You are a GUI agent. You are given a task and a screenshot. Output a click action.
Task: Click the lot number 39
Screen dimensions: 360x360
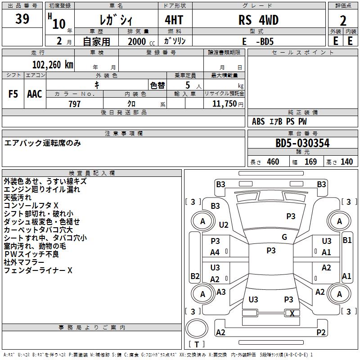[x=22, y=19]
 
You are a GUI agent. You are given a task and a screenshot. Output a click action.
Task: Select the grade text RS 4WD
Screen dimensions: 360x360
[x=258, y=20]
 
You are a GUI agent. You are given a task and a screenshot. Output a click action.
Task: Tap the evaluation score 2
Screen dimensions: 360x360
[x=343, y=21]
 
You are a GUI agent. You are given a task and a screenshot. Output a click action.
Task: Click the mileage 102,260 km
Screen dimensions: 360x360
[x=53, y=65]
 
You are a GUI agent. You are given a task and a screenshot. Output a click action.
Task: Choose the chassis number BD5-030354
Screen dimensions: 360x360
[x=302, y=144]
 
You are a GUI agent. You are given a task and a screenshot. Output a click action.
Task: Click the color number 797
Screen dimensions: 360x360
[x=75, y=104]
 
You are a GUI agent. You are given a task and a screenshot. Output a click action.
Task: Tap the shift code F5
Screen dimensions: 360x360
[x=13, y=94]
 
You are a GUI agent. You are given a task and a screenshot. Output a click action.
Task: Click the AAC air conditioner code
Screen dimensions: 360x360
[x=35, y=94]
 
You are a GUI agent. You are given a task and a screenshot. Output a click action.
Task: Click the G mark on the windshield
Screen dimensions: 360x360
[x=284, y=237]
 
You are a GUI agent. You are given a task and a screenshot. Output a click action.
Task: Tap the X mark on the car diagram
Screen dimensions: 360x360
[x=292, y=314]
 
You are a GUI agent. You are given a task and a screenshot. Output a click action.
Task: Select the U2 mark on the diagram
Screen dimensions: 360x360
[x=224, y=225]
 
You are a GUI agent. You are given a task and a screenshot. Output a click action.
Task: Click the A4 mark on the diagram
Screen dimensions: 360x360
[x=215, y=252]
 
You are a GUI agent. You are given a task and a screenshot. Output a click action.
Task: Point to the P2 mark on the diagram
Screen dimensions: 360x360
[x=321, y=333]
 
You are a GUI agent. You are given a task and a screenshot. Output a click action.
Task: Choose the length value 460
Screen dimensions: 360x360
[x=273, y=162]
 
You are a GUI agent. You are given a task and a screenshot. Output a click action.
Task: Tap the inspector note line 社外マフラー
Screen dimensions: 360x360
[x=24, y=262]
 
